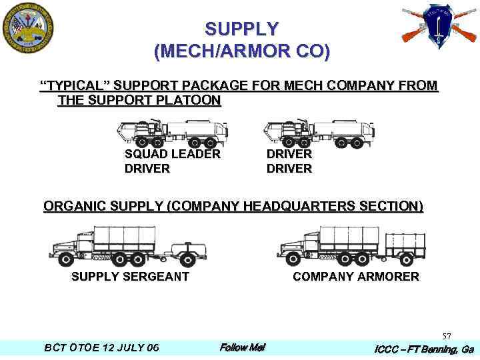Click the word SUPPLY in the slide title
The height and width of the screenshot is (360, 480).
tap(241, 29)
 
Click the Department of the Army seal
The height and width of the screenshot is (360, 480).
tap(28, 28)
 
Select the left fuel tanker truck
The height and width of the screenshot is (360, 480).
tap(173, 134)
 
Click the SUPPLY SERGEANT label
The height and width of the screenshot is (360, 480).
tap(130, 277)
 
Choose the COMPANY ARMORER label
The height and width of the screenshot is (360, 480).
tap(356, 277)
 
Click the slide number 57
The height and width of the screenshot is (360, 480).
tap(446, 336)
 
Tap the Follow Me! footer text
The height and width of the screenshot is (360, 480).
tap(243, 347)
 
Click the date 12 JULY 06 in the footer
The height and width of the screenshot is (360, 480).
tap(127, 348)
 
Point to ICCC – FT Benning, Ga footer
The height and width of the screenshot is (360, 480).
tap(423, 349)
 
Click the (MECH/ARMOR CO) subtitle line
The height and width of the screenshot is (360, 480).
tap(241, 51)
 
